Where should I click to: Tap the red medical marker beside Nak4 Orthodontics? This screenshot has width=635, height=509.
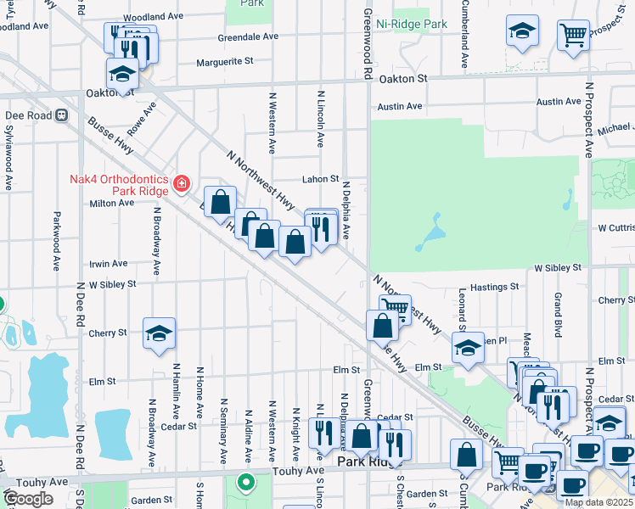click(x=181, y=184)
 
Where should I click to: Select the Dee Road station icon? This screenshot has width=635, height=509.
click(x=61, y=115)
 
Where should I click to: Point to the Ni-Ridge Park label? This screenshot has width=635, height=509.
click(x=412, y=24)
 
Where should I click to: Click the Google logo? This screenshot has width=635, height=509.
click(x=28, y=498)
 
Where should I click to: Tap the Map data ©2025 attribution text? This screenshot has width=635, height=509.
click(x=598, y=502)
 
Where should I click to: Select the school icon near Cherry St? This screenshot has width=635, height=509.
click(x=159, y=335)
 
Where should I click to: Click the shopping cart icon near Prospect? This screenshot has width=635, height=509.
click(x=574, y=35)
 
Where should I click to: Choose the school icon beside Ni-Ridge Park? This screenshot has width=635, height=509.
click(x=522, y=32)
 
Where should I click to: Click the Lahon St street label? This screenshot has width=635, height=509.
click(x=321, y=179)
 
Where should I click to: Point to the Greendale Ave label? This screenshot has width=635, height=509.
click(x=248, y=37)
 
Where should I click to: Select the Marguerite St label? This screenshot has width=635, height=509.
click(x=225, y=61)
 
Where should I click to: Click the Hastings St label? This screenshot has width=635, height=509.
click(x=495, y=288)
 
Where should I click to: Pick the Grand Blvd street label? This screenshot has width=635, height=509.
click(x=559, y=312)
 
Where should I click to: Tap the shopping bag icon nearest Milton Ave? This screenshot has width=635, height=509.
click(x=220, y=202)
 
